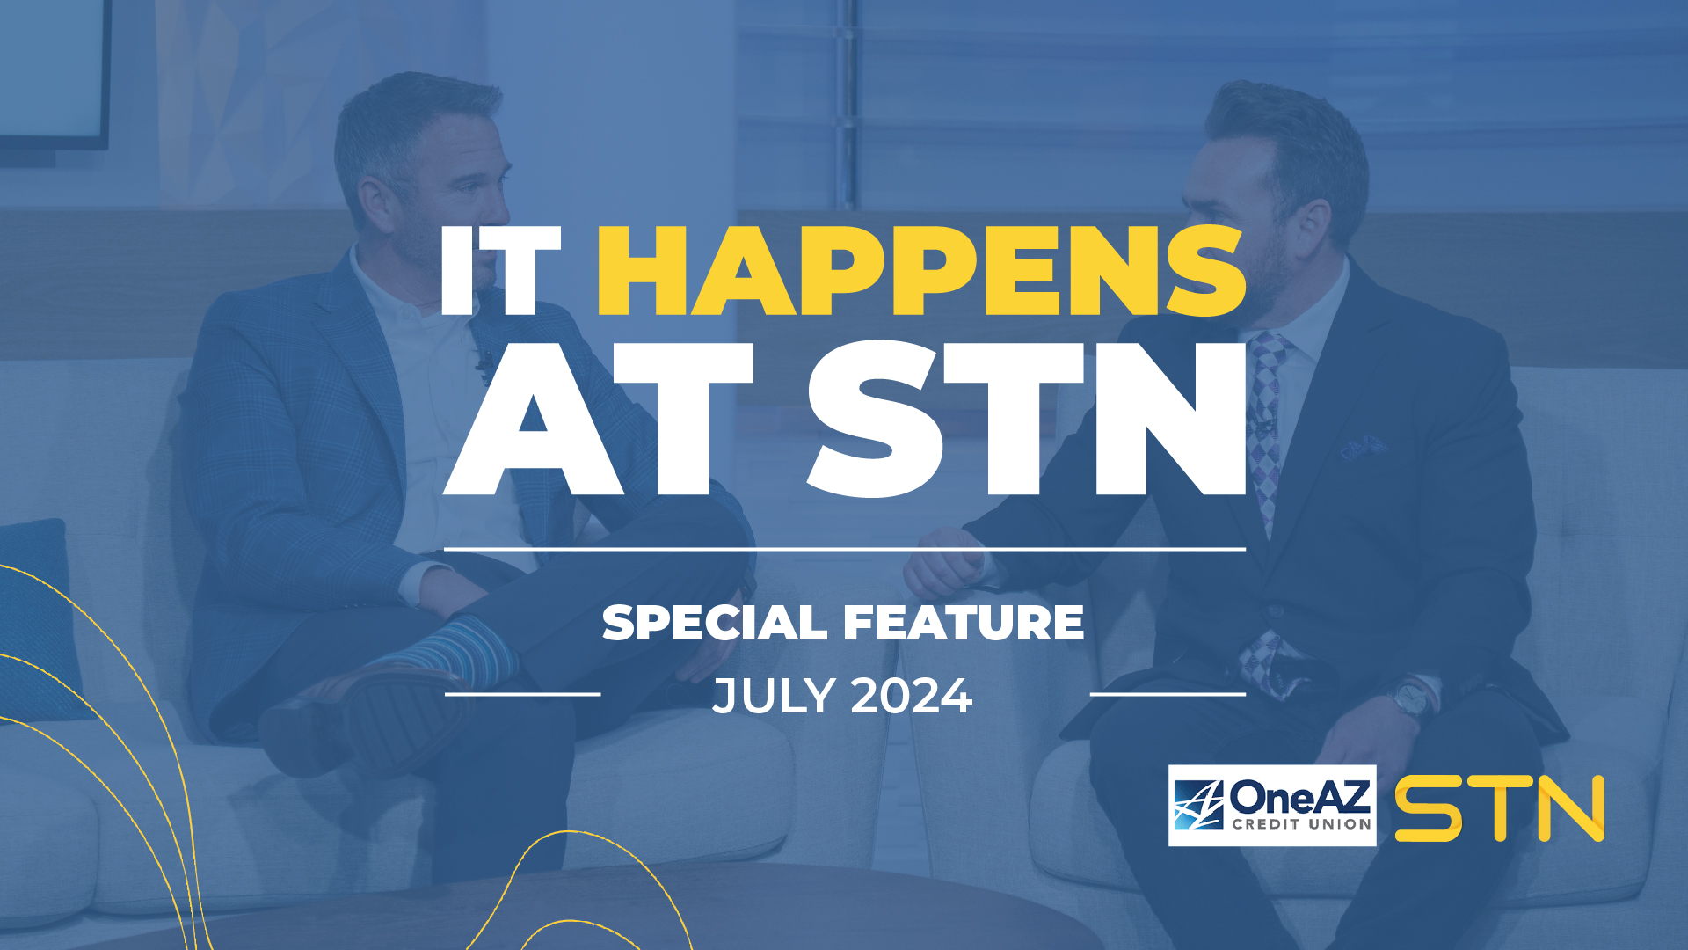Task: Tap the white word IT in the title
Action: pos(499,270)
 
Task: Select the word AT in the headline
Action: pos(598,420)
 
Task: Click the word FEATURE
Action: pos(964,623)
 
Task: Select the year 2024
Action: pos(912,696)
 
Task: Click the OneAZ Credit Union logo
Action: pos(1271,806)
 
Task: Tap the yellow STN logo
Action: pos(1500,807)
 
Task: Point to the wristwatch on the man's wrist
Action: pos(1411,699)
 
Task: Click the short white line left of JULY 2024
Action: pos(522,694)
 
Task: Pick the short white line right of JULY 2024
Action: pos(1168,694)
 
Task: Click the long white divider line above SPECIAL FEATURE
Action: pos(844,549)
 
